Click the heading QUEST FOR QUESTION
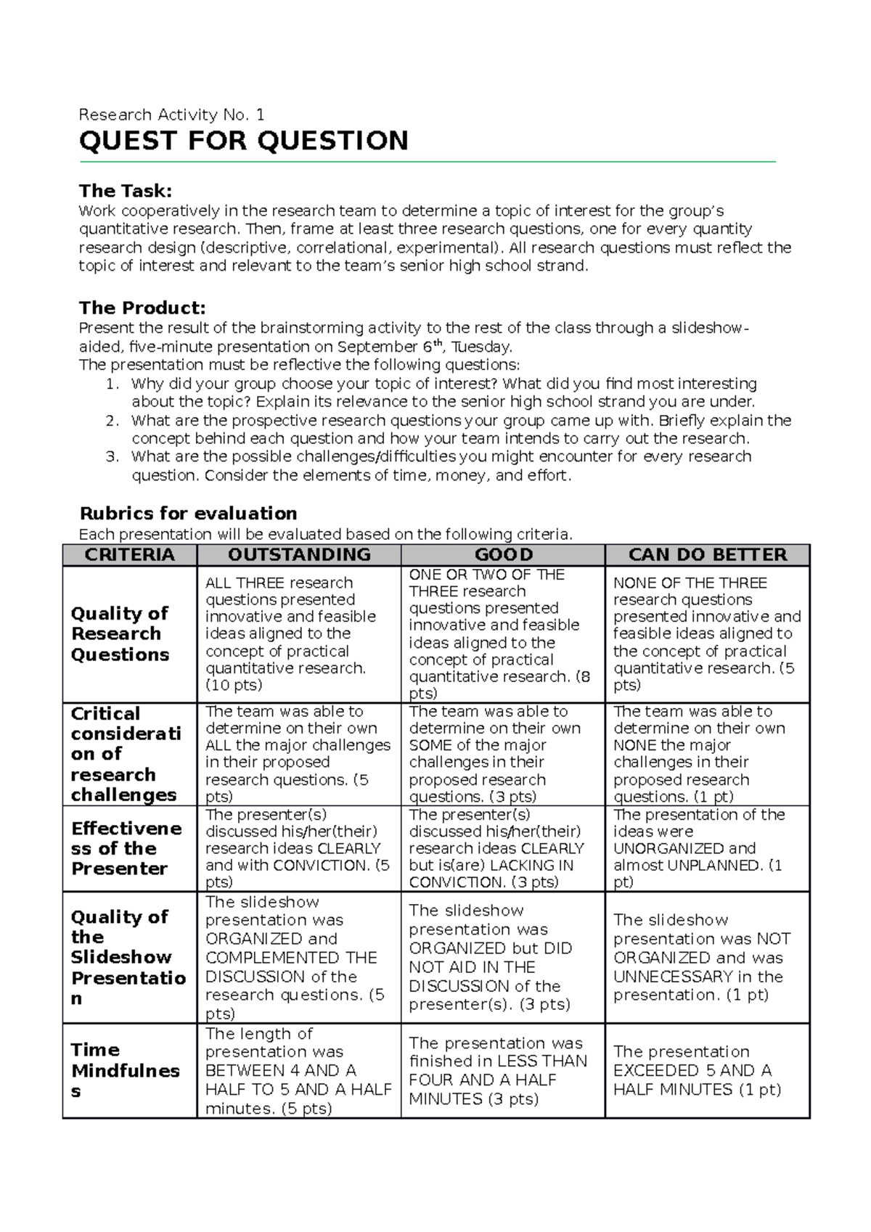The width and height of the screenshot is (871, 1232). pyautogui.click(x=243, y=141)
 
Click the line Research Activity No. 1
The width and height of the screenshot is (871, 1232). pyautogui.click(x=171, y=115)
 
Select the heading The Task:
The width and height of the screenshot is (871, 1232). pyautogui.click(x=125, y=191)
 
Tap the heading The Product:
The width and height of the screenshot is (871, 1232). pyautogui.click(x=142, y=308)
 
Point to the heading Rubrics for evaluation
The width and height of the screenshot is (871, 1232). pyautogui.click(x=188, y=514)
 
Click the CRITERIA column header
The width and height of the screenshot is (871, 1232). pyautogui.click(x=129, y=555)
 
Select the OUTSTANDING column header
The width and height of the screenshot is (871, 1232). pyautogui.click(x=298, y=555)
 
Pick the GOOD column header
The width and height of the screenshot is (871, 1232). pyautogui.click(x=503, y=555)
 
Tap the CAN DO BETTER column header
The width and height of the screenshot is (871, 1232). pyautogui.click(x=707, y=555)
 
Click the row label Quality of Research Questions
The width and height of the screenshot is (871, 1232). pyautogui.click(x=120, y=633)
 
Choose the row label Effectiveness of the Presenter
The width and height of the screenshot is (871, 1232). pyautogui.click(x=126, y=848)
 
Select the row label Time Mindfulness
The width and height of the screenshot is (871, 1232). pyautogui.click(x=125, y=1070)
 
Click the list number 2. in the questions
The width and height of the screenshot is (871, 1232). pyautogui.click(x=112, y=421)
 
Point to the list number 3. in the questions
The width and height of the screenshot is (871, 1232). pyautogui.click(x=112, y=457)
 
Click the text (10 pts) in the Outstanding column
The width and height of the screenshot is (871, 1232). pyautogui.click(x=234, y=685)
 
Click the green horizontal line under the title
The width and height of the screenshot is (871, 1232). pyautogui.click(x=428, y=161)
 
